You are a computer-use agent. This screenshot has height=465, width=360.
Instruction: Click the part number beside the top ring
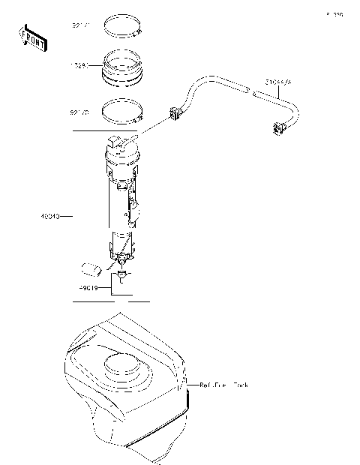pos(80,26)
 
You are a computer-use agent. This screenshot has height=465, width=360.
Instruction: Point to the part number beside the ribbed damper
pos(80,65)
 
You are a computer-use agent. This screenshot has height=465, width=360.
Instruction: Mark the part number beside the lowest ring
pos(80,112)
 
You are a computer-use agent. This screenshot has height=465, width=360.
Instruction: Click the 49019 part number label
pos(90,286)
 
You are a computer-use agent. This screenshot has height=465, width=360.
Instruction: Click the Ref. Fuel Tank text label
pos(223,385)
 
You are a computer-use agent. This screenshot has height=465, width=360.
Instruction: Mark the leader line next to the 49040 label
pos(65,216)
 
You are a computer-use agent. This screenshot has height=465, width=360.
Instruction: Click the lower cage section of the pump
pos(121,246)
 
